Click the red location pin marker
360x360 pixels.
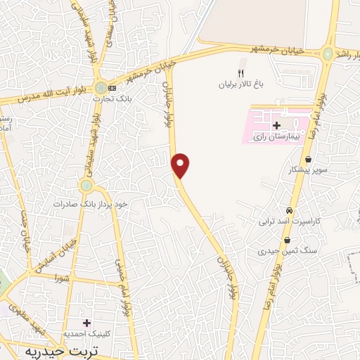(181, 165)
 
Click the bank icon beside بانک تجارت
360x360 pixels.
(112, 88)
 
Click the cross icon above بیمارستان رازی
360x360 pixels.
(276, 124)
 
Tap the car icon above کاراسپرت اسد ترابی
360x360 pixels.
(288, 211)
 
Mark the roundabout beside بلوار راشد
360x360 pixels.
(328, 53)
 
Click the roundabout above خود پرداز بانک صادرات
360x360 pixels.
(86, 186)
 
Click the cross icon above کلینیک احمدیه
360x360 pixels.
(87, 323)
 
